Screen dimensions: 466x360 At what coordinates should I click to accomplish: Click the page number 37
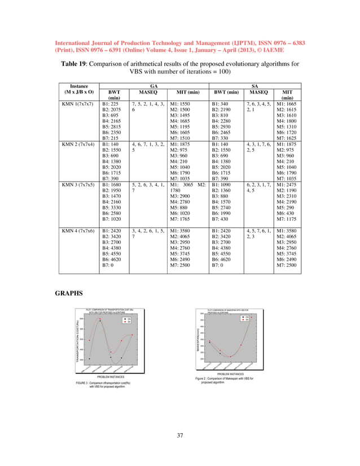coord(180,434)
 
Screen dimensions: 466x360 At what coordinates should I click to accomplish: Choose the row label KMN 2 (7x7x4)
coord(80,144)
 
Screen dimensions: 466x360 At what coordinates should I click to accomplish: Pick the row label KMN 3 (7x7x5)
coord(80,184)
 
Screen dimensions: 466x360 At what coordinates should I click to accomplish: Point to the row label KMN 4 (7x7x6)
coord(80,231)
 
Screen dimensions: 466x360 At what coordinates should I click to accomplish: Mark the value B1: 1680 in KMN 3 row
coord(112,184)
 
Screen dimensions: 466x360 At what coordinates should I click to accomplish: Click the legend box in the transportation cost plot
coord(127,320)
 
